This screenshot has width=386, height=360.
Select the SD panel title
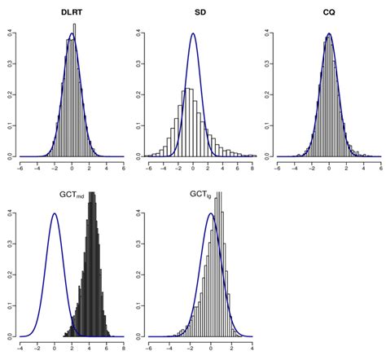tap(192, 14)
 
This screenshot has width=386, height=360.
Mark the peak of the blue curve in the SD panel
tap(192, 34)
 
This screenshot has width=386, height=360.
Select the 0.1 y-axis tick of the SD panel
tap(138, 125)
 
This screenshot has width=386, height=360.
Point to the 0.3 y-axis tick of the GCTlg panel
tap(138, 244)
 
